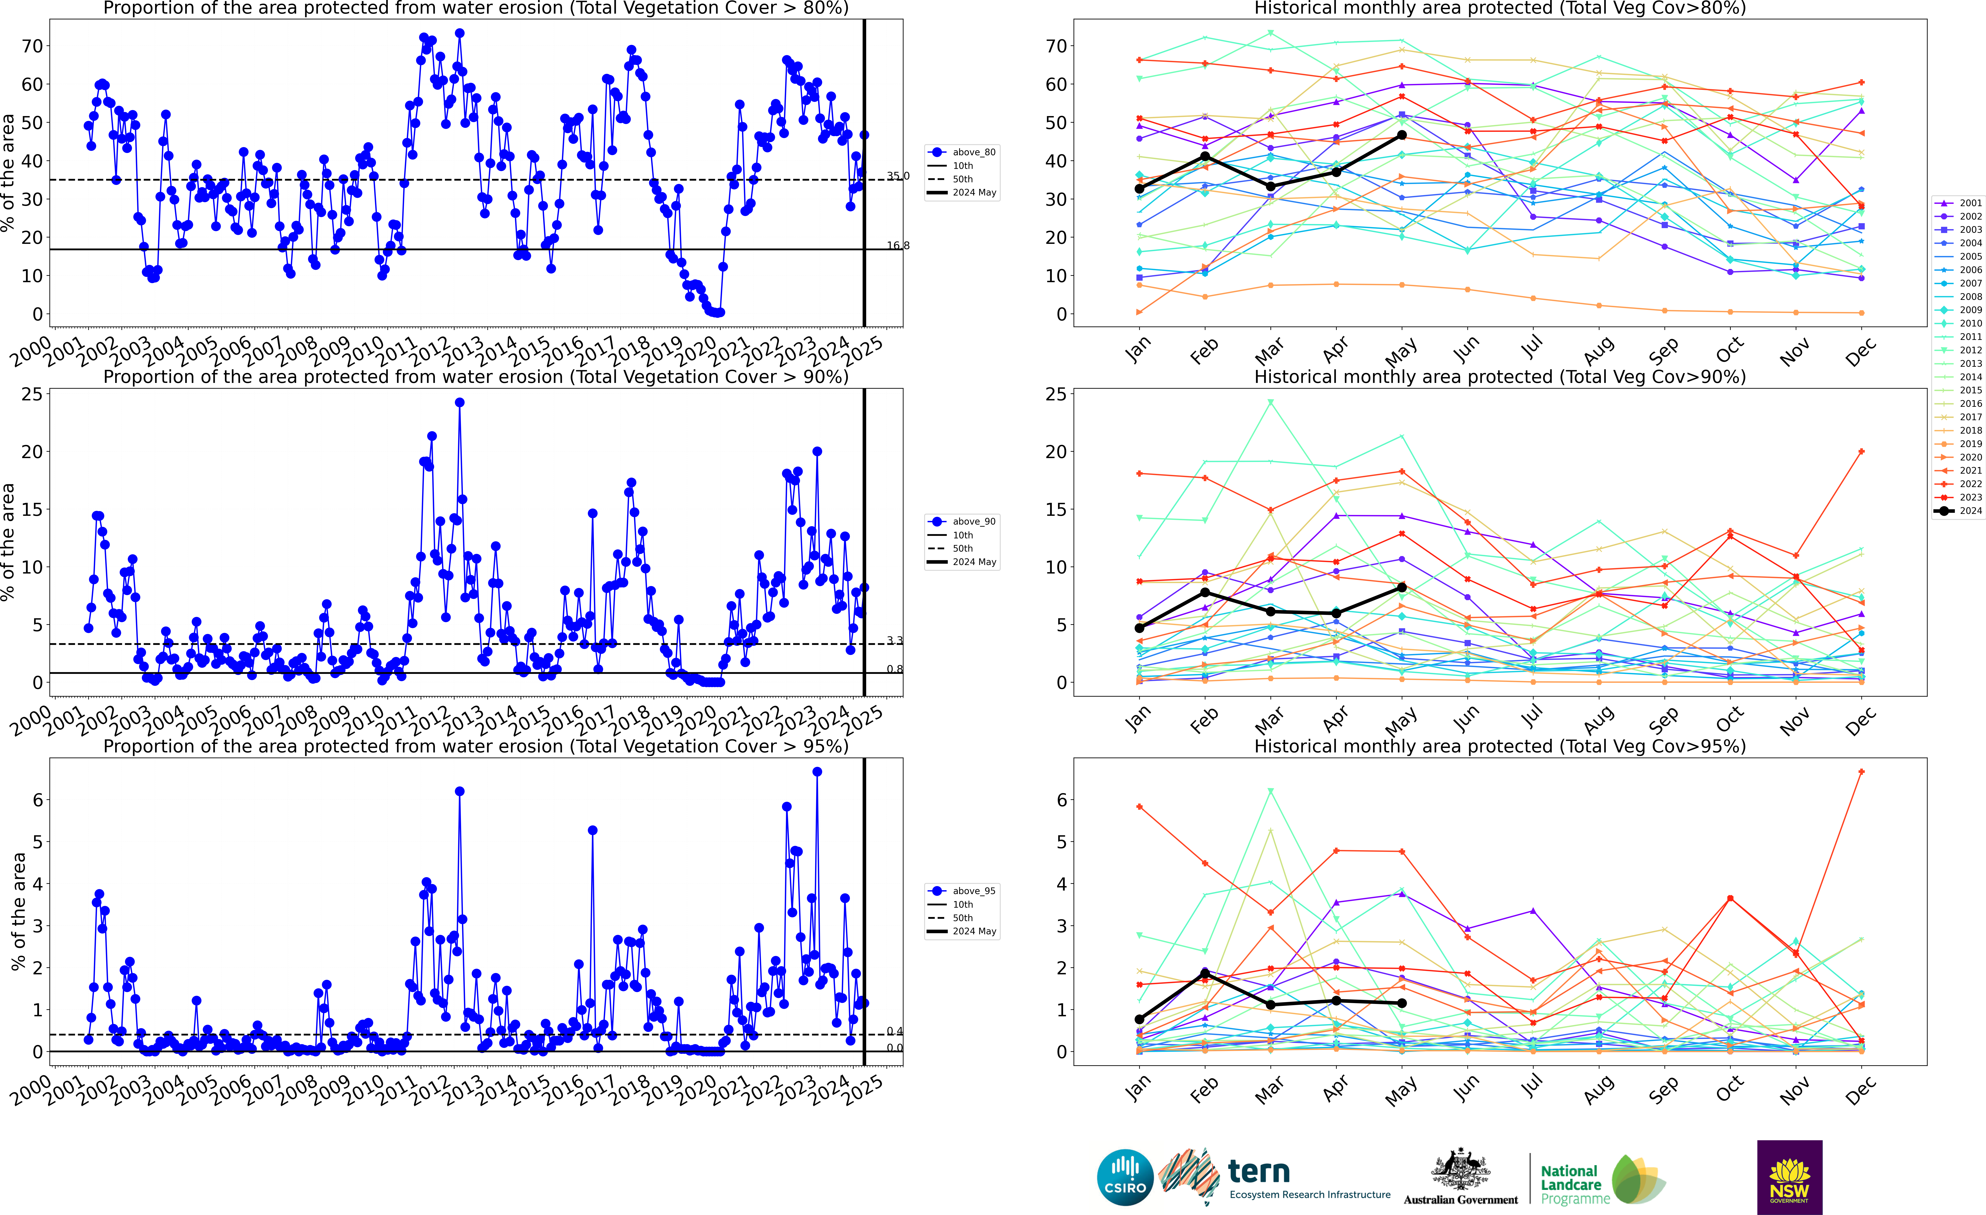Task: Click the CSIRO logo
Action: pos(1125,1177)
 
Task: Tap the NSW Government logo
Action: pos(1789,1177)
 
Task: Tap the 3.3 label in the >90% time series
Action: pos(895,641)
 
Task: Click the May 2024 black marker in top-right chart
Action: pos(1402,135)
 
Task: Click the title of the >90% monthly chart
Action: pos(1500,377)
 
